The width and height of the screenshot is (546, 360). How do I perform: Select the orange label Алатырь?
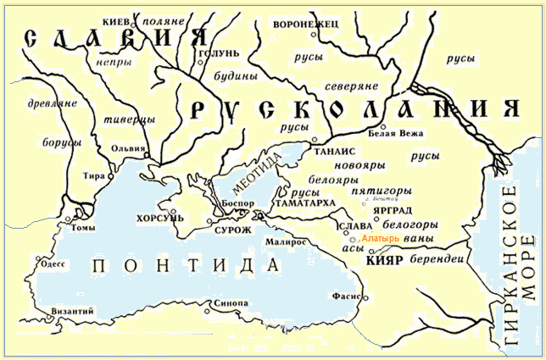(x=379, y=240)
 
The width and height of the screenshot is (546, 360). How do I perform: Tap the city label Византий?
(x=71, y=312)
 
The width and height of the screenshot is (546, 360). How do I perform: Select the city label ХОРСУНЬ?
(x=153, y=218)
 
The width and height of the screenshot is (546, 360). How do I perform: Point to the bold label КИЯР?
(x=380, y=263)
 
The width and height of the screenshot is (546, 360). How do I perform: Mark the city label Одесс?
(x=51, y=262)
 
